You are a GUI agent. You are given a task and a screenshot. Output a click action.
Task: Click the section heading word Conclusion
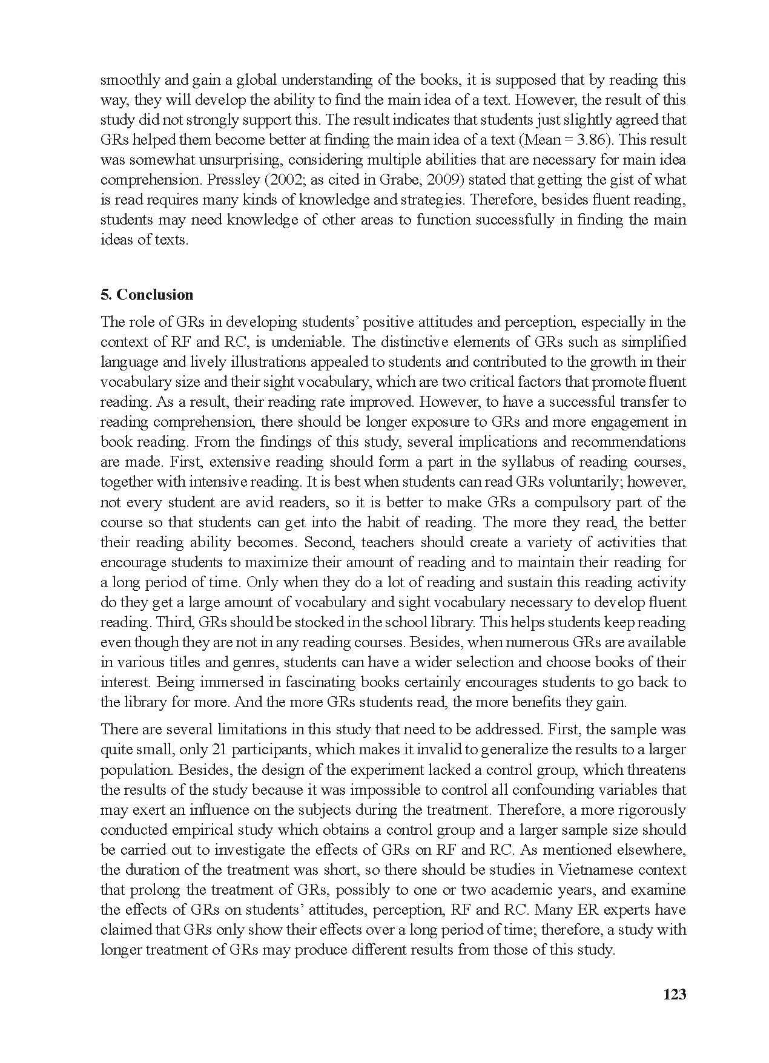154,295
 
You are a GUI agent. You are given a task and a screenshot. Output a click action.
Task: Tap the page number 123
675,994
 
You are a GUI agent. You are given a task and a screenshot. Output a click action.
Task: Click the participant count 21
221,749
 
